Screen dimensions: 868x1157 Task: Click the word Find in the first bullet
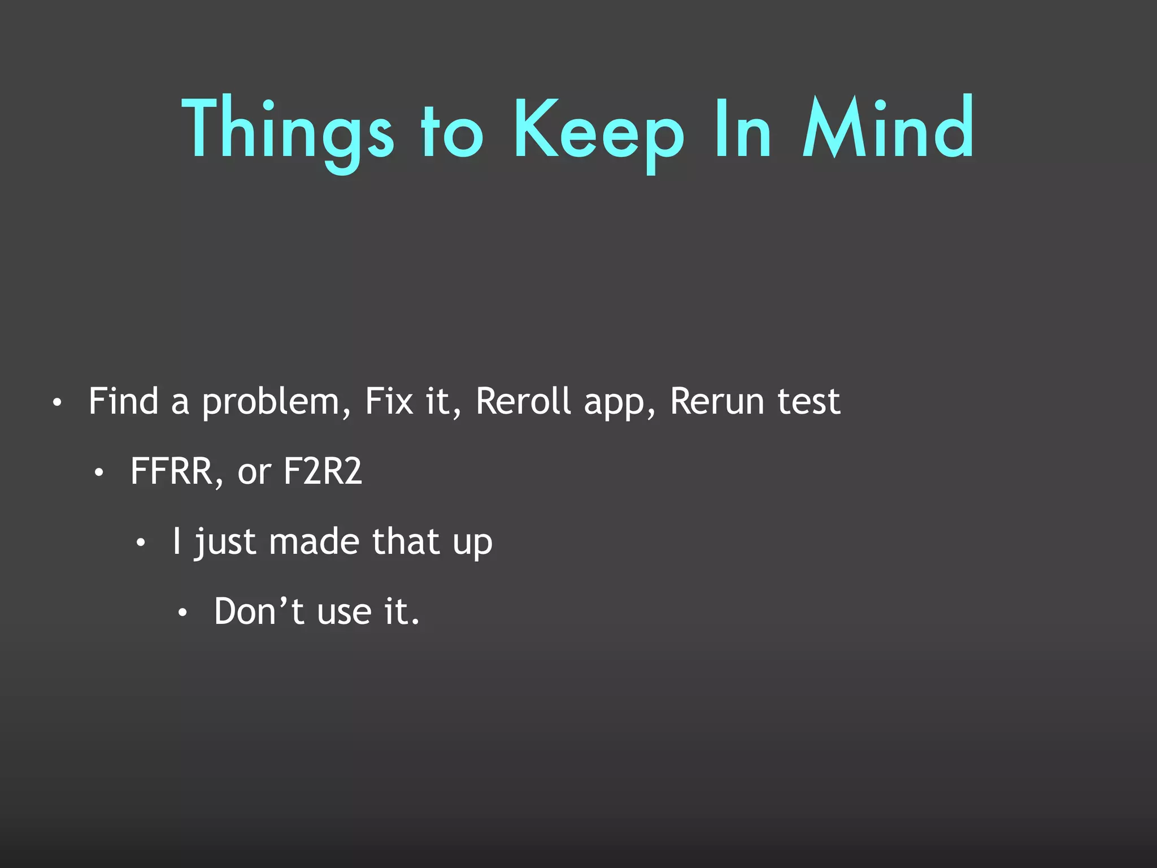click(x=123, y=401)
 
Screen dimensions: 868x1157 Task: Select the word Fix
click(x=389, y=401)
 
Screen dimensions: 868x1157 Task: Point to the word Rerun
click(x=717, y=401)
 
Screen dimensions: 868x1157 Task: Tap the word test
click(x=808, y=402)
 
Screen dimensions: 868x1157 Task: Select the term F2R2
click(x=322, y=471)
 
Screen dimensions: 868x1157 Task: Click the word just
click(x=225, y=542)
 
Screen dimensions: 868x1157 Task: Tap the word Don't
click(x=259, y=611)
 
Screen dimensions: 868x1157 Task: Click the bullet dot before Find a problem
click(x=56, y=403)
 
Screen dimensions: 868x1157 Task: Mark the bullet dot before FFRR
click(x=99, y=474)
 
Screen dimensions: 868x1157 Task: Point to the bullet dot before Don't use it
click(x=182, y=614)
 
